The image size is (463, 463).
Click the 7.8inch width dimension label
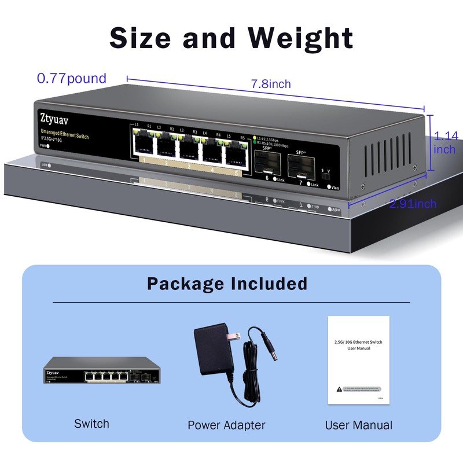click(271, 84)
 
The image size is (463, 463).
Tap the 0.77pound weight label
click(72, 78)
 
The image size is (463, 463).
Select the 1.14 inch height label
click(445, 143)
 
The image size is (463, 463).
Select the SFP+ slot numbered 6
click(267, 164)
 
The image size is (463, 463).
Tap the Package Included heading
click(227, 284)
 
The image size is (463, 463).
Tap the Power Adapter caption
click(226, 425)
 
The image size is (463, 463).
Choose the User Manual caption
click(358, 425)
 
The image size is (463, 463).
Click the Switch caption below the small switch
click(91, 424)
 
